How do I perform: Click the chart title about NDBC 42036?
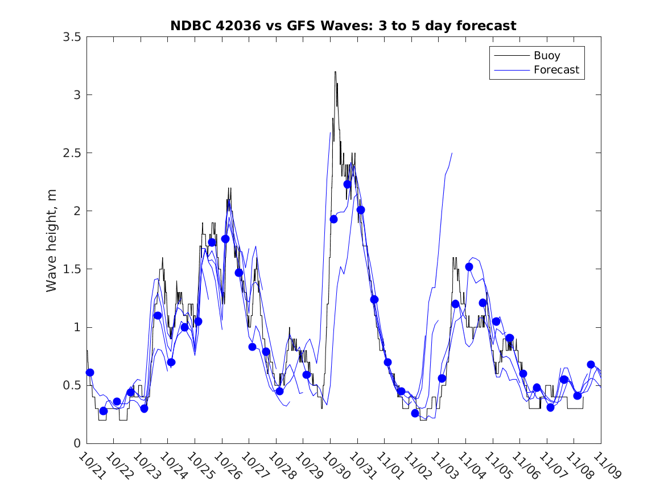(x=343, y=26)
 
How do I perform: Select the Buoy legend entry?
(x=546, y=56)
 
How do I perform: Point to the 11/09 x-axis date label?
(x=607, y=466)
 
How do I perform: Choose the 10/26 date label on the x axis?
(x=228, y=466)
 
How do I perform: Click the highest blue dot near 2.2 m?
(x=347, y=184)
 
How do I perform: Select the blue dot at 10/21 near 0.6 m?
(x=90, y=372)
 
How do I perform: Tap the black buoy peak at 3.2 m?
(x=335, y=72)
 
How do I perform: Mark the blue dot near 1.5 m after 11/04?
(x=469, y=267)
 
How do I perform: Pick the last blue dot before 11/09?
(x=591, y=364)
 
